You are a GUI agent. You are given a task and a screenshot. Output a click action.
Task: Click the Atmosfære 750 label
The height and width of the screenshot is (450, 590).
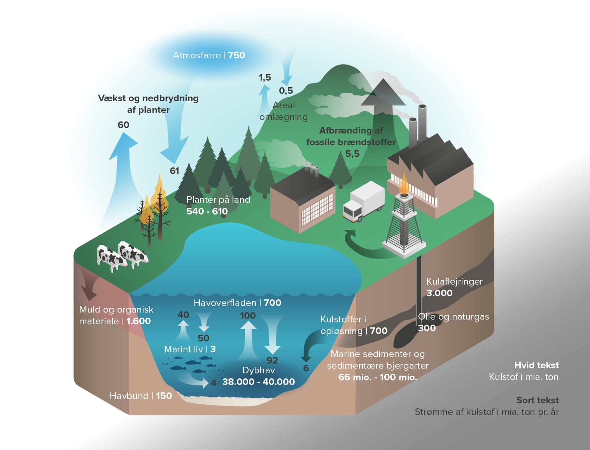[x=209, y=55]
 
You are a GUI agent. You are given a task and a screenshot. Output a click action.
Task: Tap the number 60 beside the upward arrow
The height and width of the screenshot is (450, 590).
[x=123, y=125]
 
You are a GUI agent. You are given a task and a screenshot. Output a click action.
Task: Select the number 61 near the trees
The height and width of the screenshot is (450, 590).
[x=174, y=171]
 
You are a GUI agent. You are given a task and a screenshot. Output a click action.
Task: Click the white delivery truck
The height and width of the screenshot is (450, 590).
[x=363, y=201]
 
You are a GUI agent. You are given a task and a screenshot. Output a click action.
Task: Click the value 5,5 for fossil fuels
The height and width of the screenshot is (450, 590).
[x=352, y=154]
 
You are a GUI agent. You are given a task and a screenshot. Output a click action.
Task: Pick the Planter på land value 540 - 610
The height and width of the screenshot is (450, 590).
[x=207, y=211]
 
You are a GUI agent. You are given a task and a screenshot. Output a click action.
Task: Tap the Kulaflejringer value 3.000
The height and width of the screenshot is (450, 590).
[x=439, y=293]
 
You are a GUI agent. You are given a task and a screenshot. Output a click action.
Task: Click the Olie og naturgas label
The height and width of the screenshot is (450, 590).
[x=453, y=316]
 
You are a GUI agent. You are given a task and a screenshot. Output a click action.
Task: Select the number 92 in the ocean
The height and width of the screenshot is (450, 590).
[x=272, y=360]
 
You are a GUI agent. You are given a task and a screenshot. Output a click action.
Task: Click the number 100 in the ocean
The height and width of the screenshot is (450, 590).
[x=248, y=316]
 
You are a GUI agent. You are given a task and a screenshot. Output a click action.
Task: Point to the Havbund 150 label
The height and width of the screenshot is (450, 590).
[x=141, y=396]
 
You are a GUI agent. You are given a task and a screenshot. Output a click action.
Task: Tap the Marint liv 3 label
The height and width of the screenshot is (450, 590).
[x=190, y=349]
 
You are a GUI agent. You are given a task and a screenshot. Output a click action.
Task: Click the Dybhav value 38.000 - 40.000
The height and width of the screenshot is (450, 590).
[x=258, y=382]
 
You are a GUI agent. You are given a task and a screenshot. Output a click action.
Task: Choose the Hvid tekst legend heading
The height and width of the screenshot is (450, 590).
[x=536, y=365]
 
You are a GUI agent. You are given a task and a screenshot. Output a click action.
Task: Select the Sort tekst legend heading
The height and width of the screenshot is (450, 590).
[x=537, y=400]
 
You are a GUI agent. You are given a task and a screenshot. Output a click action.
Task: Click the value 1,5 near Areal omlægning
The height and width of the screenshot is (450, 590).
[x=265, y=77]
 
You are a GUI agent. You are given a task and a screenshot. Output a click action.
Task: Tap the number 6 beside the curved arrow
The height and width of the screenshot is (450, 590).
[x=306, y=368]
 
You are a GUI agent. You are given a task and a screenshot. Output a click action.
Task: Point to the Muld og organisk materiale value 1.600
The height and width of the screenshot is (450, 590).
[x=138, y=321]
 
